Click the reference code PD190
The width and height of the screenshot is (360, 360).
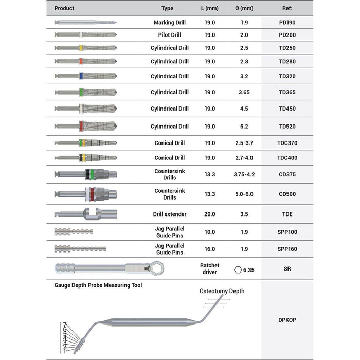(x=287, y=23)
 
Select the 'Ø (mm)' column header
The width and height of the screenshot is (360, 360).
(x=244, y=8)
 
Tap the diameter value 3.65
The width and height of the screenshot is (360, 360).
(x=244, y=92)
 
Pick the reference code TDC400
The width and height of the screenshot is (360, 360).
(x=287, y=158)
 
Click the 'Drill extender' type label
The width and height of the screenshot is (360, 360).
(x=170, y=213)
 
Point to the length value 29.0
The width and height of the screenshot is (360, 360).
(x=210, y=213)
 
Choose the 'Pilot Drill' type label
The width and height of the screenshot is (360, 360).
(x=170, y=35)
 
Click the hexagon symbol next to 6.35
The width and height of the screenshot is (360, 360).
(x=237, y=269)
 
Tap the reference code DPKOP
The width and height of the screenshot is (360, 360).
(x=287, y=320)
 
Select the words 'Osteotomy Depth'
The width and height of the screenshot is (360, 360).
(x=222, y=291)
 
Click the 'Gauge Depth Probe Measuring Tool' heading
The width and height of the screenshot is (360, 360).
(x=98, y=285)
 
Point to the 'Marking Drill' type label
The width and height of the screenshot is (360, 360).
(x=170, y=23)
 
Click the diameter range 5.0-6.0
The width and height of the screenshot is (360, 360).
(x=244, y=194)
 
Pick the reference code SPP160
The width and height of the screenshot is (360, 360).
(x=287, y=249)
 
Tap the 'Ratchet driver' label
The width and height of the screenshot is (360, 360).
(x=209, y=268)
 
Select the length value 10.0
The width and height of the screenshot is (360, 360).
(x=210, y=232)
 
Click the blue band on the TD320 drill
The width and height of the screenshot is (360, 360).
(x=82, y=76)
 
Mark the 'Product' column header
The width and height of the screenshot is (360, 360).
(x=64, y=8)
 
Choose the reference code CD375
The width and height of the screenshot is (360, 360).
(x=287, y=174)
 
